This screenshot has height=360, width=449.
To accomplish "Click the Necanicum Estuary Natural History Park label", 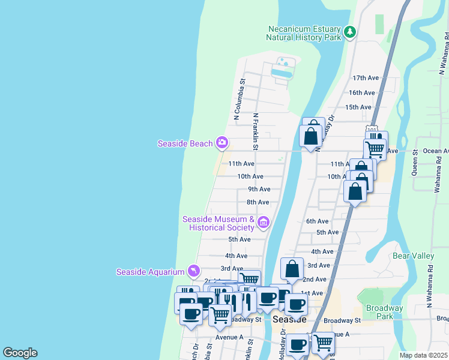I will pyautogui.click(x=304, y=33).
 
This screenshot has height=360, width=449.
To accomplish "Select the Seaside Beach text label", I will pyautogui.click(x=185, y=143).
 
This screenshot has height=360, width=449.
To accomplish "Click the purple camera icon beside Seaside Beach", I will pyautogui.click(x=222, y=142).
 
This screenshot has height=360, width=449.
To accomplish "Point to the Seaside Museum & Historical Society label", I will pyautogui.click(x=218, y=223).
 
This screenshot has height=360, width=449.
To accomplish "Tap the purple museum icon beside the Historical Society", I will pyautogui.click(x=263, y=223).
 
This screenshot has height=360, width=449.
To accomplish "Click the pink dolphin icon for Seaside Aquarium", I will pyautogui.click(x=194, y=272).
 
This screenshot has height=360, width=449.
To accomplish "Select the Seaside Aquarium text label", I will pyautogui.click(x=150, y=272).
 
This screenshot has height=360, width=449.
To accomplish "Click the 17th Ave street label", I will pyautogui.click(x=366, y=78).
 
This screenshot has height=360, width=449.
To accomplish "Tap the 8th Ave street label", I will pyautogui.click(x=258, y=202).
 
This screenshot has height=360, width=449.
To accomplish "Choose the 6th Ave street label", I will pyautogui.click(x=318, y=221).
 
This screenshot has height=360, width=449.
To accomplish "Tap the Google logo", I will pyautogui.click(x=20, y=353).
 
